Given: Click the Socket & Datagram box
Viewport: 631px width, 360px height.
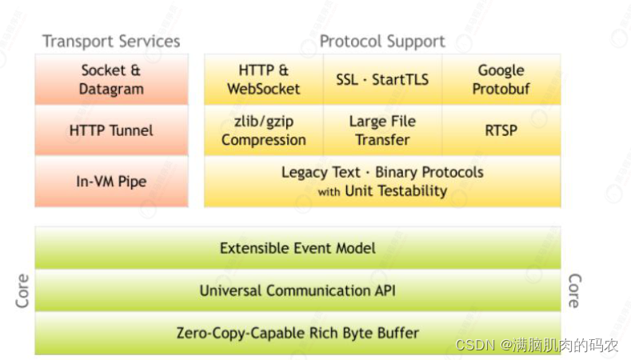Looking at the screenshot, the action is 111,79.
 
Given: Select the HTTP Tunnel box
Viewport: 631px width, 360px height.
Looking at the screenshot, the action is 111,130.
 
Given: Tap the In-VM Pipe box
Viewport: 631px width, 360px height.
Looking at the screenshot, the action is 111,181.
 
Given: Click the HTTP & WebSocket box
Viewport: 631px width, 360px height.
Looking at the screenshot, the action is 263,79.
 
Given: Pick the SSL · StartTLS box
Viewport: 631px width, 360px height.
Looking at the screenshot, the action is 382,79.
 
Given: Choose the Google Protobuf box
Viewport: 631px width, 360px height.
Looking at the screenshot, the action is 501,79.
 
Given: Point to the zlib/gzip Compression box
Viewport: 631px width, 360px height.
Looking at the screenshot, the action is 263,130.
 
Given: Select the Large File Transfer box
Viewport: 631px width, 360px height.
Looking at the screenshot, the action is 382,130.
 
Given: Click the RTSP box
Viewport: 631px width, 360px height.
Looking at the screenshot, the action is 501,130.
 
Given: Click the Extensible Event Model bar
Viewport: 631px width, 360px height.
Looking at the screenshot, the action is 298,248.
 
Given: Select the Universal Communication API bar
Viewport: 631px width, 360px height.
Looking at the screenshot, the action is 298,290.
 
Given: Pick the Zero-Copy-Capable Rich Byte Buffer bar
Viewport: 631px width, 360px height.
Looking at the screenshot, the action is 298,333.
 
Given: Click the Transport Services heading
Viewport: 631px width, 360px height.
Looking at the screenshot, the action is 111,42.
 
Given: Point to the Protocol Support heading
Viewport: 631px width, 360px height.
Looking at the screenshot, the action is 382,42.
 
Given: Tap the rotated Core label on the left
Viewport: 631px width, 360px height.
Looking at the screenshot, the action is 22,291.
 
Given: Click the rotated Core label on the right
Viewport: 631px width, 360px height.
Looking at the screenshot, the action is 573,291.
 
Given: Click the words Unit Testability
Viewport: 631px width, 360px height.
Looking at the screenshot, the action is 396,190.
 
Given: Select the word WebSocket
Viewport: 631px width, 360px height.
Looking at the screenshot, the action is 263,89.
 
